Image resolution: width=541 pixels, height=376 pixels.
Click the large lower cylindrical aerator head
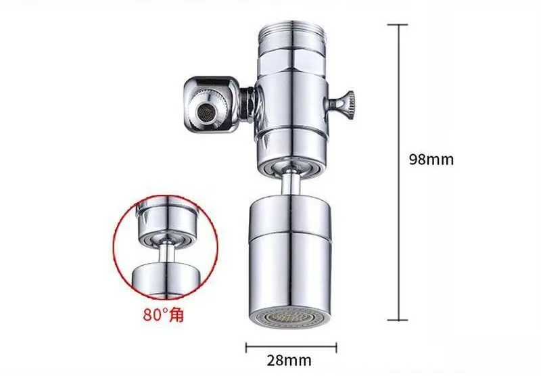(x=291, y=257)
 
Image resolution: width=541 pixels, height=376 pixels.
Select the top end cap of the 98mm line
(x=397, y=24)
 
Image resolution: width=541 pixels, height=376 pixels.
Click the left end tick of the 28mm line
(x=245, y=347)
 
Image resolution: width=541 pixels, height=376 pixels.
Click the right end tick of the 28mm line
(x=337, y=347)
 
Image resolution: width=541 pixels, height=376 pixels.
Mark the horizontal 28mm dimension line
(x=291, y=347)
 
